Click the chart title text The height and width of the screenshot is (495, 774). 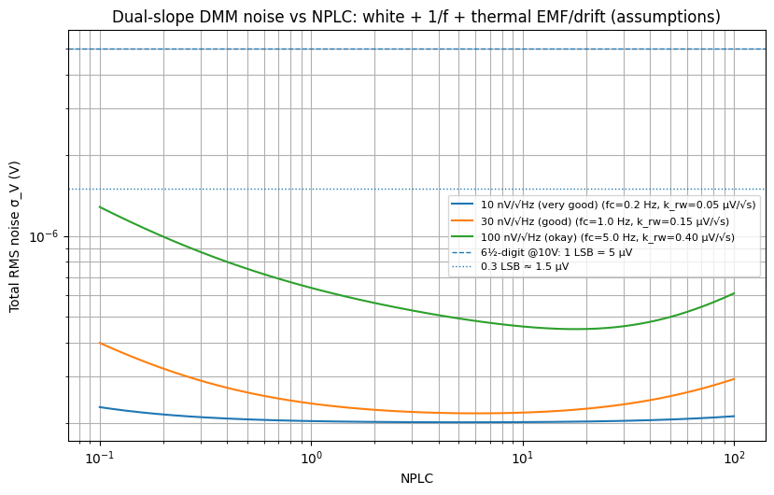click(416, 17)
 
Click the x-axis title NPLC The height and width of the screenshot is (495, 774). click(416, 478)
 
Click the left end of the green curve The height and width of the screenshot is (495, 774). click(100, 207)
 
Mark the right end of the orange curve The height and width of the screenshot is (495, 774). click(734, 379)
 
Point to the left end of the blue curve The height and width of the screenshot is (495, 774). click(100, 407)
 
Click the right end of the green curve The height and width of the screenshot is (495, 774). click(734, 293)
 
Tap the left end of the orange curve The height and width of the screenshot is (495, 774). click(100, 344)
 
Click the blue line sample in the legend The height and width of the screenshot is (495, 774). click(462, 205)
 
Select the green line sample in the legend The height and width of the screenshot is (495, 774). click(462, 237)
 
